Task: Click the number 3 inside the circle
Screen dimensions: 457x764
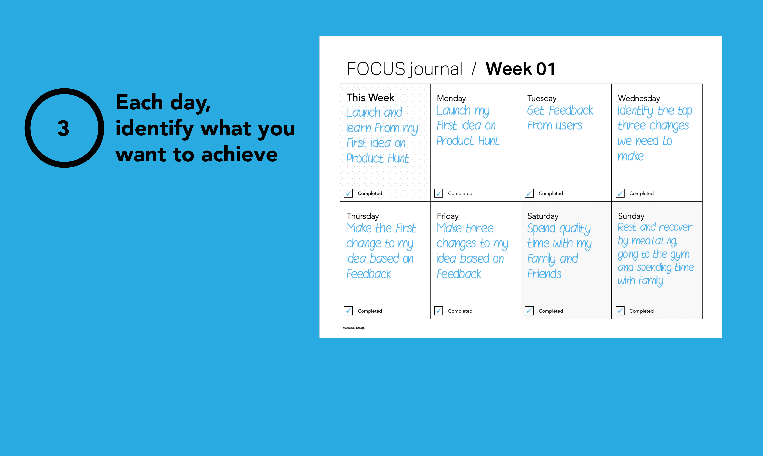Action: click(64, 128)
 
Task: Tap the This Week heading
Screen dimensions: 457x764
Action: click(370, 98)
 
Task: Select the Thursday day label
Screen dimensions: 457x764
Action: click(363, 216)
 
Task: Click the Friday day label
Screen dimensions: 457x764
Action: click(448, 216)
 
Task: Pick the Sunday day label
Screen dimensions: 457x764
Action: click(631, 216)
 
